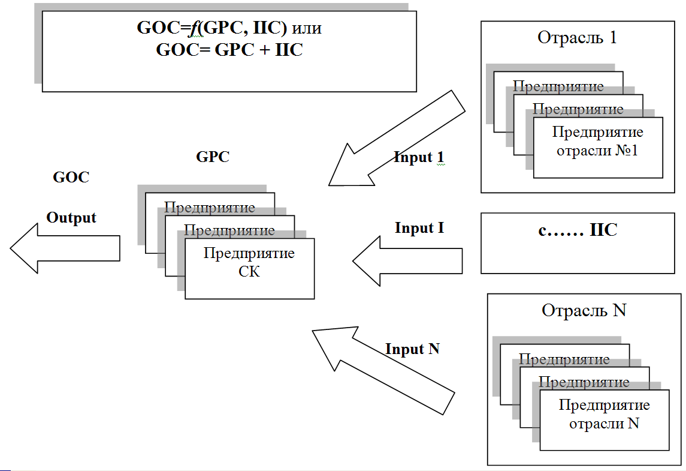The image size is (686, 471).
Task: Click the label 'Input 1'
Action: tap(419, 158)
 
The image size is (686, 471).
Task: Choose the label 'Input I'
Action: tap(419, 229)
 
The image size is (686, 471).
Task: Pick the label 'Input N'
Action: tap(412, 349)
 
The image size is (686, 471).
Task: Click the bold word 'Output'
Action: tap(71, 218)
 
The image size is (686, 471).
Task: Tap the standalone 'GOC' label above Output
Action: tap(71, 178)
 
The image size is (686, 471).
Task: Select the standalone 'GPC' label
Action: tap(213, 157)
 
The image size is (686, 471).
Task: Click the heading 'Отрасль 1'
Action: tap(577, 38)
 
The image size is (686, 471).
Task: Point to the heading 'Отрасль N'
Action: tap(584, 311)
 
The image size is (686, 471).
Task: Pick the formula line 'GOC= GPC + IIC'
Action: tap(229, 50)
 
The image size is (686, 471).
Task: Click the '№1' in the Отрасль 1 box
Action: tap(627, 151)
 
